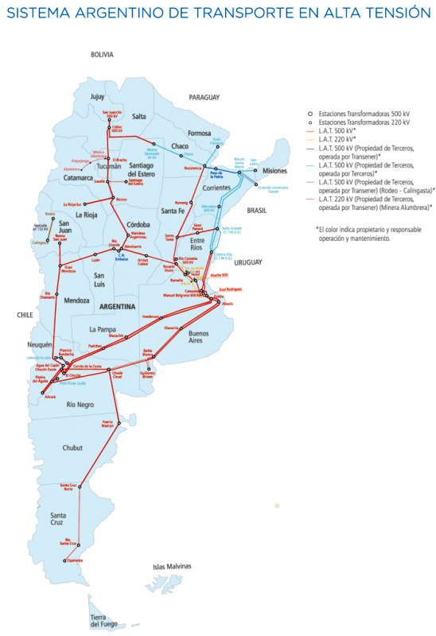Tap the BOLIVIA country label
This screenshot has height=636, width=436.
point(103,55)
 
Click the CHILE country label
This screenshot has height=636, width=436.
point(24,315)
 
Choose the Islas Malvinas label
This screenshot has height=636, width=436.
point(173,566)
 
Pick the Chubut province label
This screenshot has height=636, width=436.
point(72,448)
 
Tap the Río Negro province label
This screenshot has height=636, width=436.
point(81,405)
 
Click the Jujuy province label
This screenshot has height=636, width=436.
point(97,96)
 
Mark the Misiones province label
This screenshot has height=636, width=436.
point(274,171)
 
